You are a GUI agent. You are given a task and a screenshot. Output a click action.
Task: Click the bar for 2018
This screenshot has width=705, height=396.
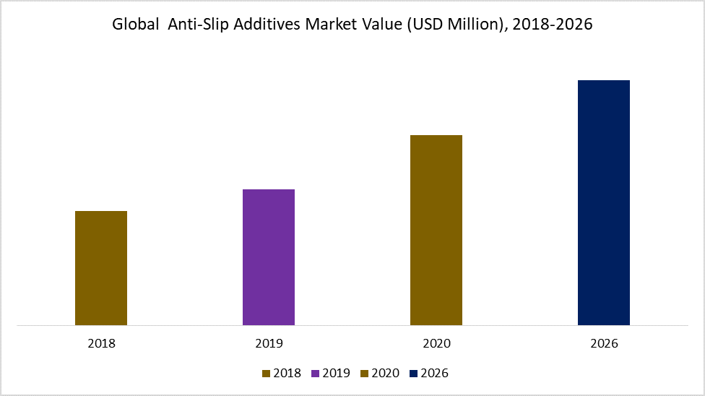pyautogui.click(x=101, y=268)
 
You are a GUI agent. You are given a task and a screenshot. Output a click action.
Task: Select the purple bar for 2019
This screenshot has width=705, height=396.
pyautogui.click(x=269, y=257)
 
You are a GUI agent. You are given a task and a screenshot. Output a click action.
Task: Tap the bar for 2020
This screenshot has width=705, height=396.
pyautogui.click(x=436, y=230)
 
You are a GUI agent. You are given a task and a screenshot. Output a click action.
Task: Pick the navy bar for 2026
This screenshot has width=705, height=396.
pyautogui.click(x=604, y=202)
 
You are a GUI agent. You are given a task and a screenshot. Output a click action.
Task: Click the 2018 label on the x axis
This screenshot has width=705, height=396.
pyautogui.click(x=101, y=343)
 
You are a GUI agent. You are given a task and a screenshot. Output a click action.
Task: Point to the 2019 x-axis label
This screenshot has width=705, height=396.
pyautogui.click(x=269, y=343)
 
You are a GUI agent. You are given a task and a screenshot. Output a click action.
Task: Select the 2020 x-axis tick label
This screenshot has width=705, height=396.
pyautogui.click(x=436, y=343)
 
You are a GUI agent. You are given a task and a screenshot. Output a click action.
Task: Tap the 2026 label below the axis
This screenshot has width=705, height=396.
pyautogui.click(x=604, y=343)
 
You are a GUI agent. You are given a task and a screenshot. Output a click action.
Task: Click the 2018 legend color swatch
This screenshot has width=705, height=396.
pyautogui.click(x=266, y=374)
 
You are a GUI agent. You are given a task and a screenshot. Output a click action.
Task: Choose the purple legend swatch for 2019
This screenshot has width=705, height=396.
pyautogui.click(x=315, y=374)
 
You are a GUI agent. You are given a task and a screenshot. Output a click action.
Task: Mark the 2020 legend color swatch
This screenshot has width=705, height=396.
pyautogui.click(x=364, y=374)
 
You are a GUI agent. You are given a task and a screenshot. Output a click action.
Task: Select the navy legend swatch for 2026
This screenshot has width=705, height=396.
pyautogui.click(x=413, y=374)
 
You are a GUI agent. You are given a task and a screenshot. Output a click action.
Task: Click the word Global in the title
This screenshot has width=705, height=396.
pyautogui.click(x=134, y=25)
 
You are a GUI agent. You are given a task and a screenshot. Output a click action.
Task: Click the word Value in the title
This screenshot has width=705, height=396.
pyautogui.click(x=380, y=25)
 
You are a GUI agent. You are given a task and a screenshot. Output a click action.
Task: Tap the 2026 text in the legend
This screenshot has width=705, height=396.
pyautogui.click(x=434, y=374)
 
